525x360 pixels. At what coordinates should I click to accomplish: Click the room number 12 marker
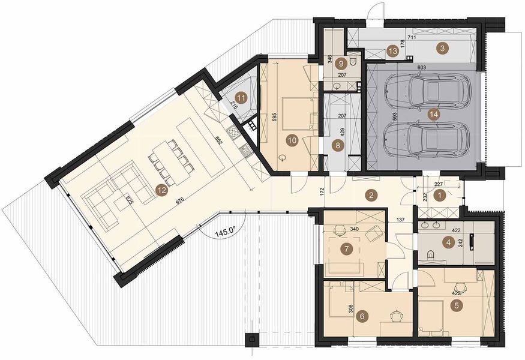160,190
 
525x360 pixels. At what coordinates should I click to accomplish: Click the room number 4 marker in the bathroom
447,242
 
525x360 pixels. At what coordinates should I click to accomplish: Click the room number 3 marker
441,49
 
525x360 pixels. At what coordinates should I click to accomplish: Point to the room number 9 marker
341,62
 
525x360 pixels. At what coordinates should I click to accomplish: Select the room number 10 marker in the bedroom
292,141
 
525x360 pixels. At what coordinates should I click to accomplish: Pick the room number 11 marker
241,97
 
